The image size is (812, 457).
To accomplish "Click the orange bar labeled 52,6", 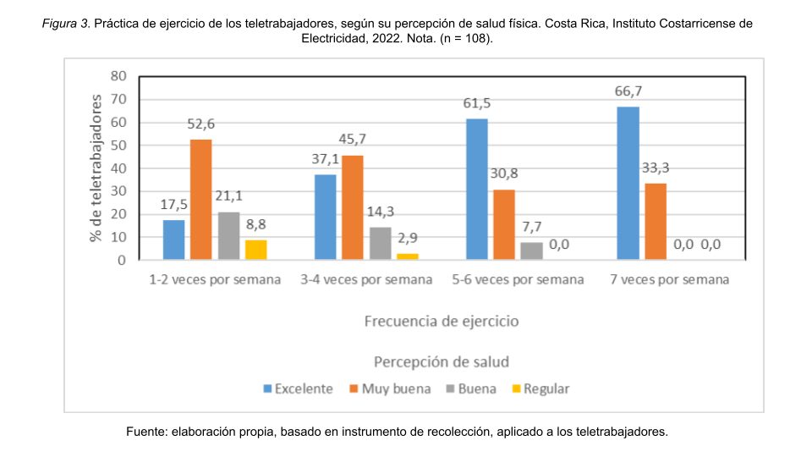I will pyautogui.click(x=200, y=200).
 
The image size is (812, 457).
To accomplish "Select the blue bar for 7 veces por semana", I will pyautogui.click(x=628, y=183).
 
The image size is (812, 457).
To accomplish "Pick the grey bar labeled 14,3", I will pyautogui.click(x=380, y=243).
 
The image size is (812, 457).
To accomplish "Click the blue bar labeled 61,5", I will pyautogui.click(x=476, y=189).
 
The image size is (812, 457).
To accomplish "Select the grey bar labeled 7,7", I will pyautogui.click(x=530, y=251).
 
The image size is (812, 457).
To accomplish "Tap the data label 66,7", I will pyautogui.click(x=628, y=91).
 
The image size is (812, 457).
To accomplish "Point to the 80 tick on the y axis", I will pyautogui.click(x=118, y=76).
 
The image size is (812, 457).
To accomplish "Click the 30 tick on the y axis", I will pyautogui.click(x=118, y=191).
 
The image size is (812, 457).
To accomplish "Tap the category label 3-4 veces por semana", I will pyautogui.click(x=365, y=280).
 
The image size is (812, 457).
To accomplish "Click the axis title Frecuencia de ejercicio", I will pyautogui.click(x=442, y=322).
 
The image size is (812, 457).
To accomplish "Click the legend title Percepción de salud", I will pyautogui.click(x=442, y=361).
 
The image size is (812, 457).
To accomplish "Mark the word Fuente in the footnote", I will pyautogui.click(x=146, y=432).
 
